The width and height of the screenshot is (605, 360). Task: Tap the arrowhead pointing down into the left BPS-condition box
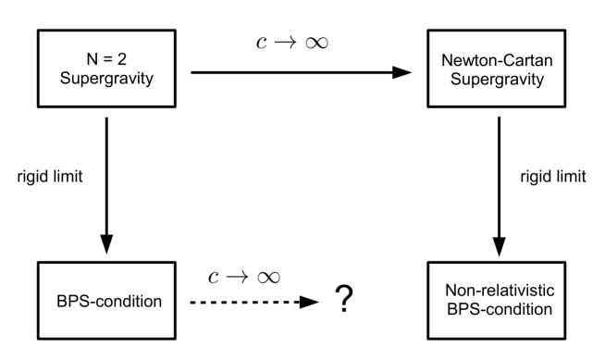click(107, 244)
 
